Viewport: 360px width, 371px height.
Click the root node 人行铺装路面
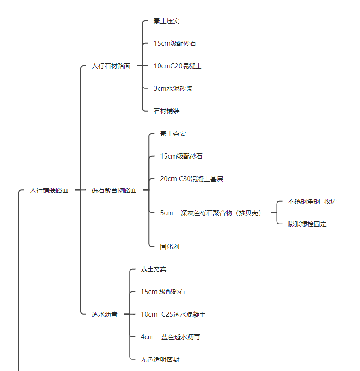point(49,190)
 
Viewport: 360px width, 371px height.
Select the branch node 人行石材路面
point(111,66)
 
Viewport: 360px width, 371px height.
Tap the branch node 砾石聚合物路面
point(114,190)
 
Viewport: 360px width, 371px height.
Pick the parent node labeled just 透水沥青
point(105,314)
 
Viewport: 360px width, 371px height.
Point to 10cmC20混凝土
point(177,66)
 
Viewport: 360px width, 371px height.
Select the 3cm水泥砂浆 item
point(173,88)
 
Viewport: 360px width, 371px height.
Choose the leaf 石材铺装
point(166,111)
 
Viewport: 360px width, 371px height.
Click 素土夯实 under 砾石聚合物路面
point(173,134)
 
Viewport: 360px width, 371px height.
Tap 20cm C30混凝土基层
point(191,179)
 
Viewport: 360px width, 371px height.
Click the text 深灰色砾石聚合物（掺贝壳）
point(221,213)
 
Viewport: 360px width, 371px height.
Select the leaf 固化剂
point(170,247)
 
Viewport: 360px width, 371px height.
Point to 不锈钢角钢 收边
point(312,201)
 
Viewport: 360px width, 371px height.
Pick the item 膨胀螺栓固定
point(307,224)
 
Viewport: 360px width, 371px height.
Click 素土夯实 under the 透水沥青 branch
point(153,269)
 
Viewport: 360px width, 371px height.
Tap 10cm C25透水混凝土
point(173,314)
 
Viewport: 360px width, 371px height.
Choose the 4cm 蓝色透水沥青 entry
point(170,337)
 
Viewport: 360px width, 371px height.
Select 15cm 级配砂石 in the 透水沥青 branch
point(163,292)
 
